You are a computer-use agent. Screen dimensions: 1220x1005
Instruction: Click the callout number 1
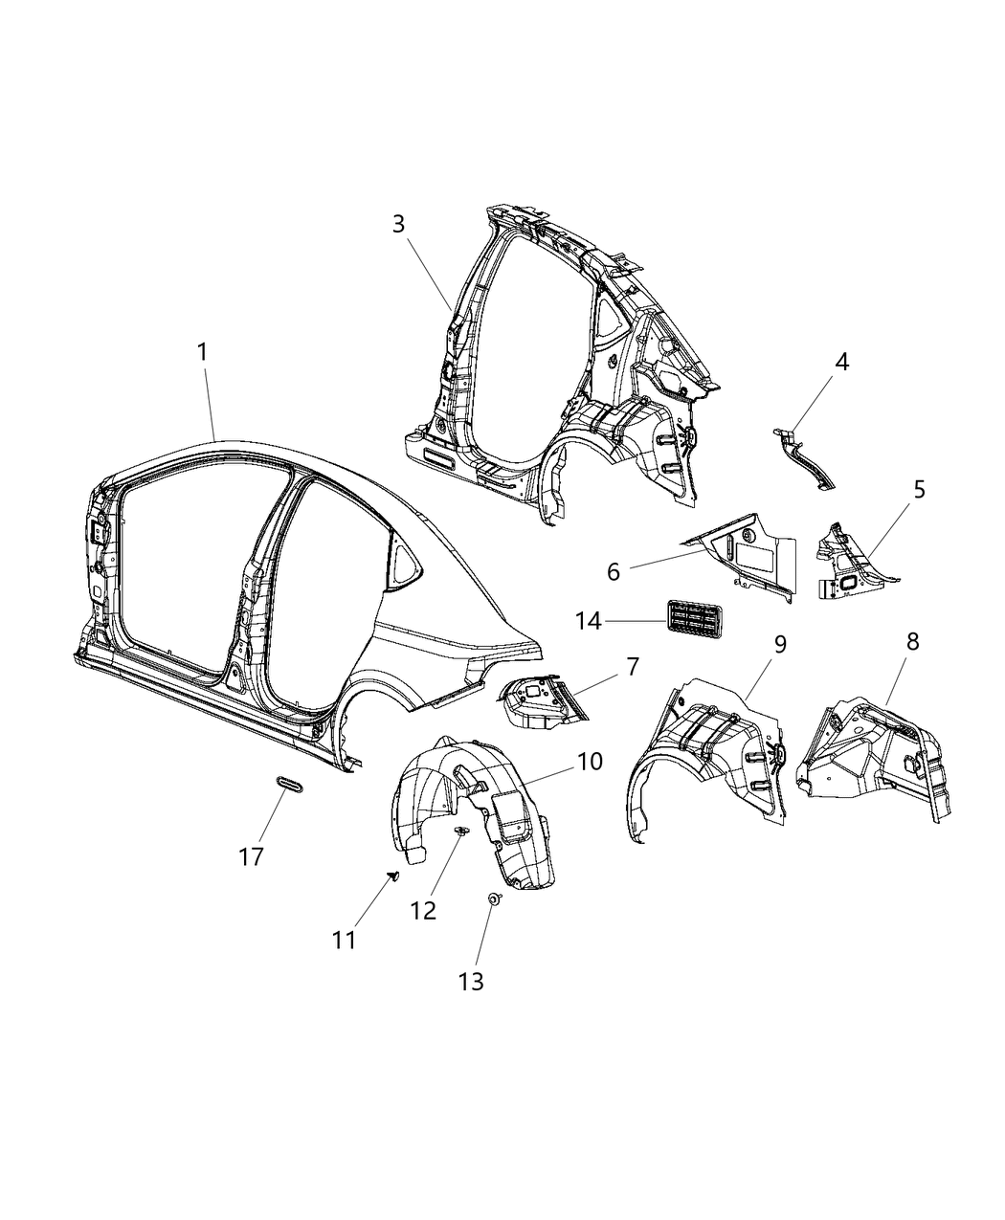click(x=202, y=352)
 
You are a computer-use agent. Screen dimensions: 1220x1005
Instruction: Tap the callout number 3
click(x=398, y=224)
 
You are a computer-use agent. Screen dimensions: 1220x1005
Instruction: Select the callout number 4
click(x=841, y=362)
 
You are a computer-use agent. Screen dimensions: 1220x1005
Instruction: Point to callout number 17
click(x=251, y=856)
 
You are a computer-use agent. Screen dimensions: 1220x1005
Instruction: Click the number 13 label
click(x=471, y=981)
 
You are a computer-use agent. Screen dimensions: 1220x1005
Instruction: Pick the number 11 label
click(x=345, y=941)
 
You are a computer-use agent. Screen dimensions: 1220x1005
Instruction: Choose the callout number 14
click(x=588, y=621)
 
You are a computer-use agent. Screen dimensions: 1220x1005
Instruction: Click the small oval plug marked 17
click(x=287, y=784)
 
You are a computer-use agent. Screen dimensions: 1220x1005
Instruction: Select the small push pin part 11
click(x=393, y=876)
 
